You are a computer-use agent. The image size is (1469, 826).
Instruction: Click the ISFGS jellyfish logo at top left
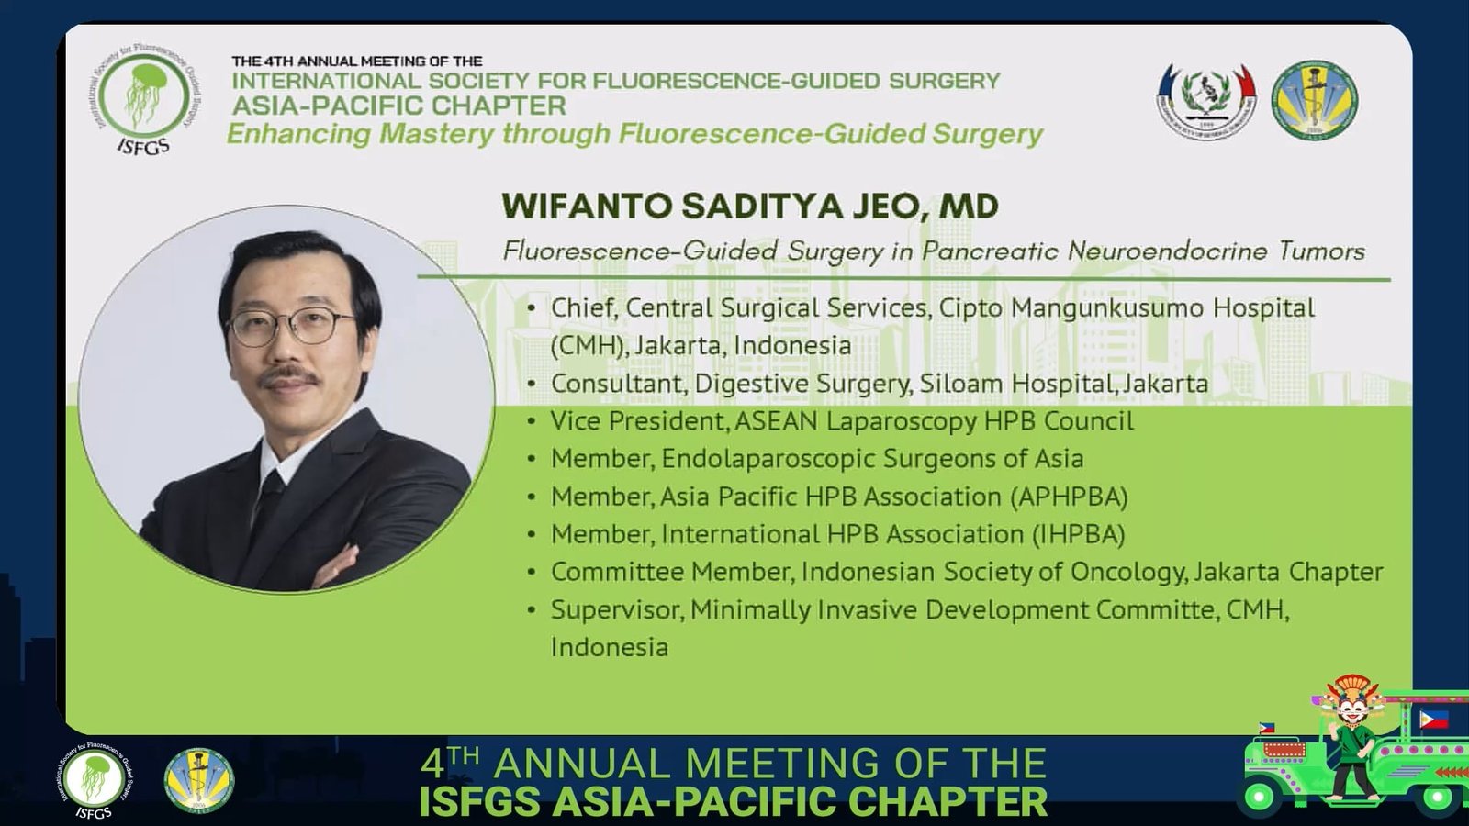pyautogui.click(x=143, y=98)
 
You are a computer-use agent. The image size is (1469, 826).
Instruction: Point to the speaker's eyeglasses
pyautogui.click(x=293, y=326)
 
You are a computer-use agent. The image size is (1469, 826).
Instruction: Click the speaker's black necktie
pyautogui.click(x=269, y=502)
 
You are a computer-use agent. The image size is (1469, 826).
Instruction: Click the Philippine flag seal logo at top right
pyautogui.click(x=1206, y=101)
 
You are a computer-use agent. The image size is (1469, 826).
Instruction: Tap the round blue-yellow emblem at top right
pyautogui.click(x=1315, y=100)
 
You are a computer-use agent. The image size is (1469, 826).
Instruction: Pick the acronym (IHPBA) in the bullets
pyautogui.click(x=1078, y=534)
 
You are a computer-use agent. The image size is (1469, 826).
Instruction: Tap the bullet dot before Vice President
pyautogui.click(x=532, y=421)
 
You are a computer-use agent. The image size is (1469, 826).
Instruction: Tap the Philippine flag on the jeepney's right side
pyautogui.click(x=1434, y=720)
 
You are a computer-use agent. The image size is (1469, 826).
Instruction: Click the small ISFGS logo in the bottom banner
pyautogui.click(x=94, y=780)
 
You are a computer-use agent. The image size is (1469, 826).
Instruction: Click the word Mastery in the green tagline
pyautogui.click(x=436, y=133)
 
